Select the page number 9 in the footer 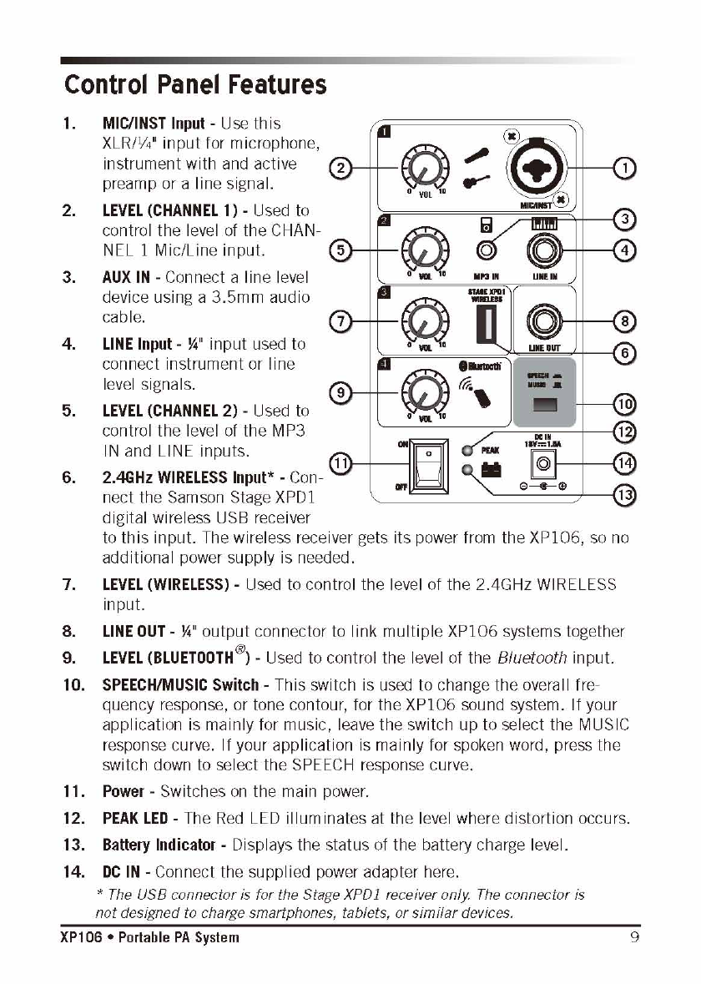click(634, 937)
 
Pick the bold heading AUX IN click(129, 277)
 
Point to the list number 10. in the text click(77, 685)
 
